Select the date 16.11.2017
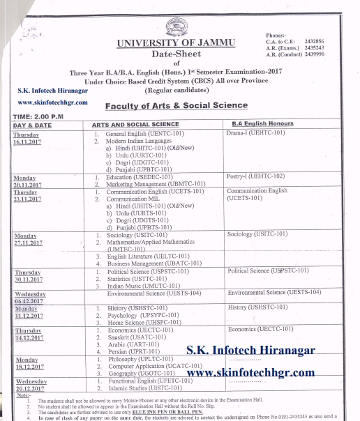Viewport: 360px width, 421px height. [x=28, y=141]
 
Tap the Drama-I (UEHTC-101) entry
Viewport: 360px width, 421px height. [x=255, y=132]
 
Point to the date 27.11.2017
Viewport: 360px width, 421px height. [x=28, y=243]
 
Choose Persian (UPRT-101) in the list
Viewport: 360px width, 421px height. [x=135, y=352]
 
